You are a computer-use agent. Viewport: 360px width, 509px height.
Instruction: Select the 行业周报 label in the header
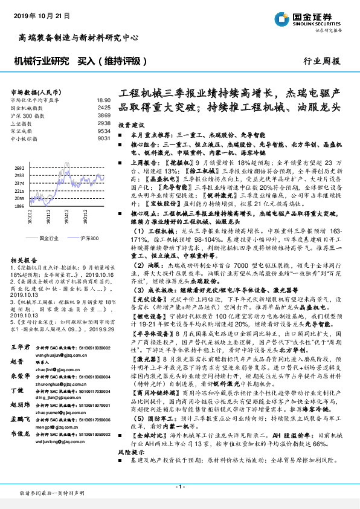(x=321, y=61)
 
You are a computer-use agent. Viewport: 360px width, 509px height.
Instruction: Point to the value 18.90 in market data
(x=103, y=100)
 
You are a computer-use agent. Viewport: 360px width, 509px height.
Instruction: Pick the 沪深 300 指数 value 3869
(x=104, y=115)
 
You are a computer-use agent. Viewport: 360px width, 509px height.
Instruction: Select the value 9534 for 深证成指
(x=104, y=131)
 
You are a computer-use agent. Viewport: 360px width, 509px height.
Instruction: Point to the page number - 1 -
(x=179, y=487)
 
